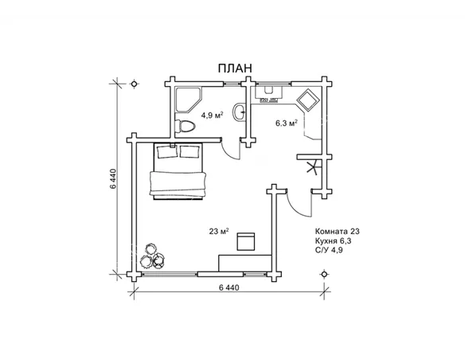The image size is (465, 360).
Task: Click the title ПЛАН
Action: point(235,68)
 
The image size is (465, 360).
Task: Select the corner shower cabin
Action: point(189,100)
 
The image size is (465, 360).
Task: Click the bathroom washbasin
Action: point(239,112)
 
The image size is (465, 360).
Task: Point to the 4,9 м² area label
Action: point(212,115)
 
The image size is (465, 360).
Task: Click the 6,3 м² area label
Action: point(287,123)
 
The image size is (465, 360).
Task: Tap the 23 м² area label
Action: point(219,231)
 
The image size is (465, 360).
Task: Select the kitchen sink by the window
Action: point(268,92)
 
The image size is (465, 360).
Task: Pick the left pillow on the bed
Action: point(167,151)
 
